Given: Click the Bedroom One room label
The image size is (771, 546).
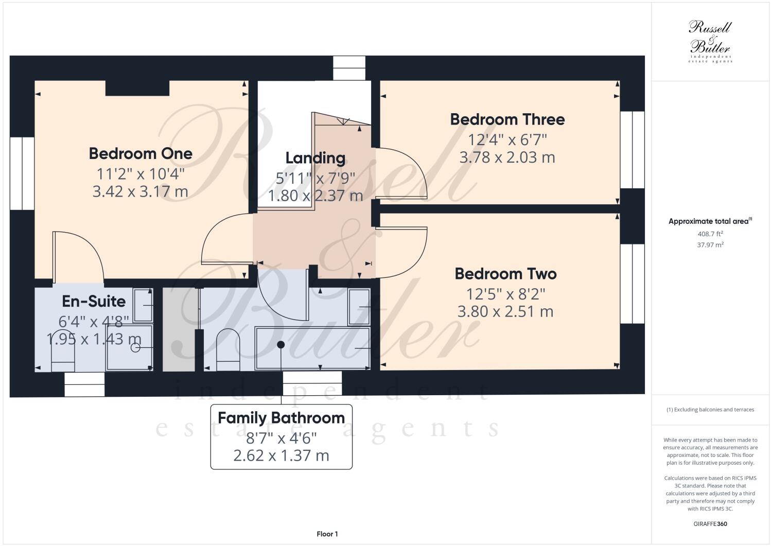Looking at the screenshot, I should tap(141, 153).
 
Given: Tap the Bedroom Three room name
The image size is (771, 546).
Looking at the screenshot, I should tap(507, 119).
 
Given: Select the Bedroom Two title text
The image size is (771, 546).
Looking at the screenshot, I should tap(505, 274).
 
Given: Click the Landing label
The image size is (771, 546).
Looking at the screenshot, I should tap(315, 158).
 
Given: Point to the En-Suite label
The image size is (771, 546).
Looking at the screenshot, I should tap(94, 301).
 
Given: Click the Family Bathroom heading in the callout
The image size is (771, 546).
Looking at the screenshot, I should tap(281, 418).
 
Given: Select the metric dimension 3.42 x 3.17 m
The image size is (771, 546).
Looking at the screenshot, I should tap(140, 192).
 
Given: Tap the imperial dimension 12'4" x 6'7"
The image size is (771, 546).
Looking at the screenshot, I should tap(507, 139).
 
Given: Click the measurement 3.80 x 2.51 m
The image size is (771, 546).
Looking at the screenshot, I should tap(505, 312).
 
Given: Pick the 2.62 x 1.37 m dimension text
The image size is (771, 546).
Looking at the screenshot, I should tap(281, 456).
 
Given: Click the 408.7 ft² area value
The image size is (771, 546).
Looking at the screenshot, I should tap(710, 234).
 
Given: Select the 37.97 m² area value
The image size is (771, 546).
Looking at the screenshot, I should tap(710, 245).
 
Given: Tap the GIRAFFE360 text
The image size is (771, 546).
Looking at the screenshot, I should tap(710, 524).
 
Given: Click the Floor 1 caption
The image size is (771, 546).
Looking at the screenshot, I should tap(327, 534).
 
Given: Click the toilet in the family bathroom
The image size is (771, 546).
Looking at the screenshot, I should tap(228, 350).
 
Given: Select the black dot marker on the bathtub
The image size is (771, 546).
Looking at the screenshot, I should tap(281, 345).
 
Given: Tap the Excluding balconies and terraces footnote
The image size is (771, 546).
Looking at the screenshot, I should tap(710, 410).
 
